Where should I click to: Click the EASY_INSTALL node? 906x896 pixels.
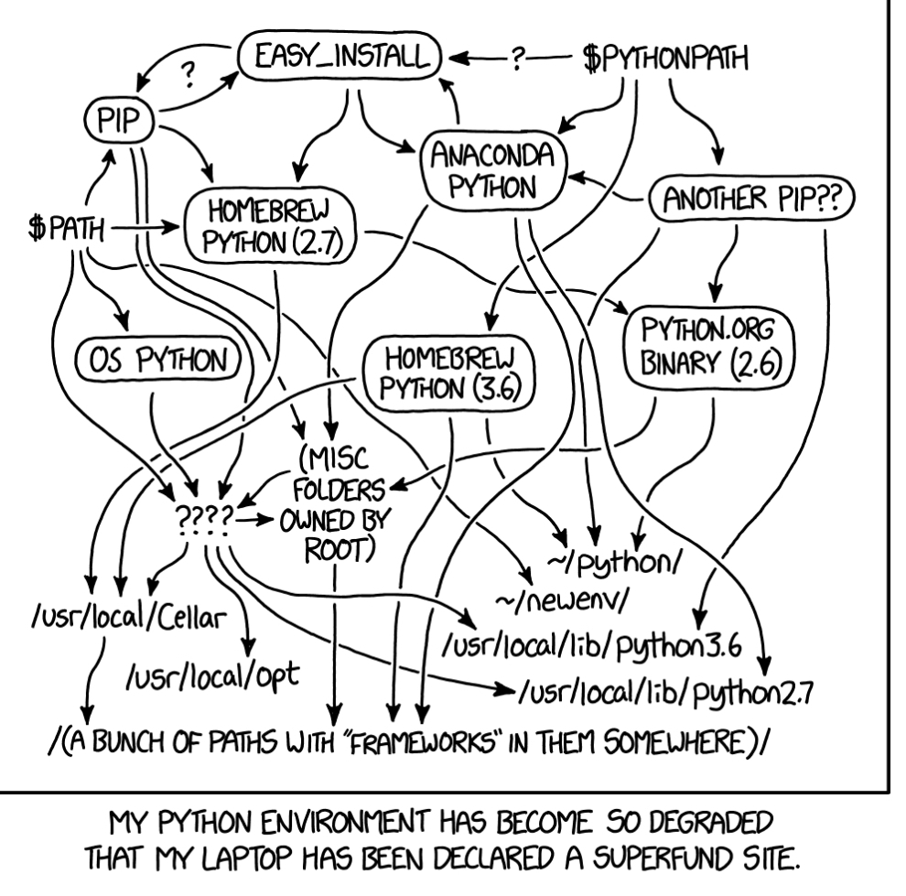[x=340, y=59]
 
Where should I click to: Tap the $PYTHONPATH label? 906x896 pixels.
[x=663, y=59]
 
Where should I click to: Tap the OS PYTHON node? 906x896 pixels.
[x=157, y=361]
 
